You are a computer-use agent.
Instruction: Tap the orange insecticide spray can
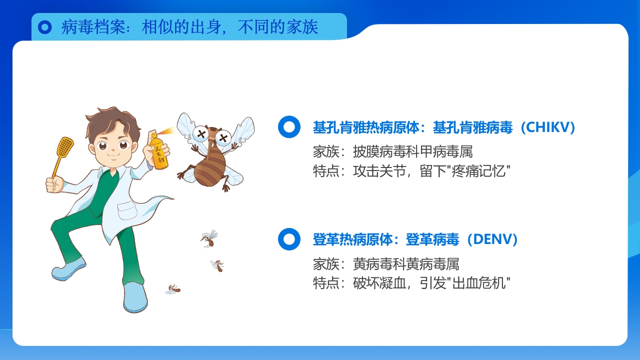coord(159,152)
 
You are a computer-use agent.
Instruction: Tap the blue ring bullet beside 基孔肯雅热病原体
coord(289,127)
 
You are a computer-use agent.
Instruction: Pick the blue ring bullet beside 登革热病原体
coord(289,239)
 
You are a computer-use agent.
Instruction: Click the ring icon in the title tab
coord(45,27)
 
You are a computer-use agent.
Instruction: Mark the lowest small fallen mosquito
coord(173,289)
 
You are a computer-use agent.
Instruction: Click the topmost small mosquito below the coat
coord(208,238)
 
